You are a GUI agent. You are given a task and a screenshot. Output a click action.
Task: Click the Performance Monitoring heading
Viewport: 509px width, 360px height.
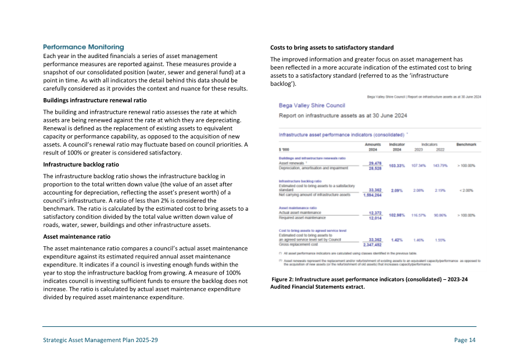(84, 46)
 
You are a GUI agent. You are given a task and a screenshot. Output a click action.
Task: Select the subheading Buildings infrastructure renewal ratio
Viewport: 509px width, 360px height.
(95, 100)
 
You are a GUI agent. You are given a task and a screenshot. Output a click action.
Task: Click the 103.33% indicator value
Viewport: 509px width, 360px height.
(397, 165)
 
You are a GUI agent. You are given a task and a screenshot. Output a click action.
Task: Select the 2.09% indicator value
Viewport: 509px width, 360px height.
(397, 190)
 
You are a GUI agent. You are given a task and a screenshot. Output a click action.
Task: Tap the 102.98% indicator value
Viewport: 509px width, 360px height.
(397, 215)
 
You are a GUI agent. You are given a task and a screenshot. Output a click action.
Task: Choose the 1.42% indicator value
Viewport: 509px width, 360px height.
(397, 239)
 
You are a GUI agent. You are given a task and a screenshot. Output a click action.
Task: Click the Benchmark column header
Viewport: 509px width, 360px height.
(466, 143)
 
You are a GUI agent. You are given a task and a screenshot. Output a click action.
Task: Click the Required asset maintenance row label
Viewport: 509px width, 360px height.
(300, 218)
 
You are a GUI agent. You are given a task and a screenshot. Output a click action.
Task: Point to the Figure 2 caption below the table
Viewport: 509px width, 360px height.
(370, 283)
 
